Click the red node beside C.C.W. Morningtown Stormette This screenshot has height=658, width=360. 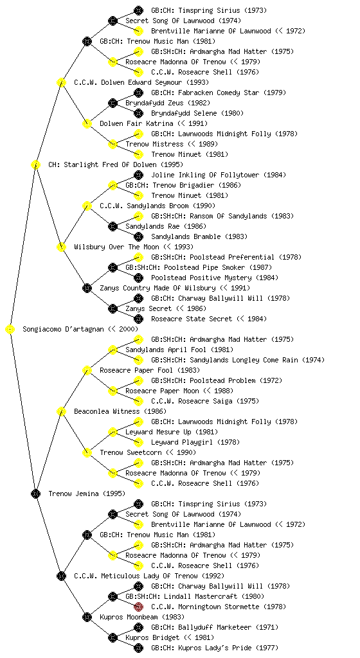(x=138, y=607)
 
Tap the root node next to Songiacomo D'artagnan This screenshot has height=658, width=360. (x=10, y=329)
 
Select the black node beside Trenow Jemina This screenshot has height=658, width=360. (x=35, y=493)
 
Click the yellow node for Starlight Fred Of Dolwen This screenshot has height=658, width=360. (x=35, y=164)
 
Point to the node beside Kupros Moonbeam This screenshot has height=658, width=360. (x=87, y=617)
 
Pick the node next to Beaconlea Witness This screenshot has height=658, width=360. (x=61, y=411)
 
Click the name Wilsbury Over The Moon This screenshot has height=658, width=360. (x=116, y=247)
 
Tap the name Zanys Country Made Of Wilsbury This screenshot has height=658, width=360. (x=157, y=288)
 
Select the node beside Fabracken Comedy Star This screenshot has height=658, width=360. (x=138, y=93)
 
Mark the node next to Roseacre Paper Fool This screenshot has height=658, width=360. (x=87, y=370)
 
